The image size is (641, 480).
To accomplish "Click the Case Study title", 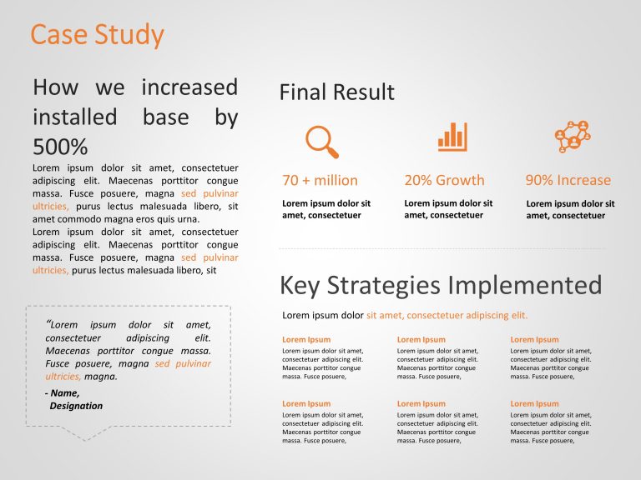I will click(97, 35).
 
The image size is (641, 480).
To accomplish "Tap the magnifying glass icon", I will click(321, 141).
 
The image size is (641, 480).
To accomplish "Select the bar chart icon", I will click(452, 137).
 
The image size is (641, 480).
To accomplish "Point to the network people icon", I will click(573, 137).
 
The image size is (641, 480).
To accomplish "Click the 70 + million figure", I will click(320, 180).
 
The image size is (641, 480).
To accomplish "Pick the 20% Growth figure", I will click(444, 180).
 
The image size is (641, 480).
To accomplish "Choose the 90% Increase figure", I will click(568, 180).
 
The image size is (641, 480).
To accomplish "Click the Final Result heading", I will click(336, 92).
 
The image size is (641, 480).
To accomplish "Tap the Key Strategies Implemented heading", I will click(440, 286).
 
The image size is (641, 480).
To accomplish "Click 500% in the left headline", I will click(60, 147).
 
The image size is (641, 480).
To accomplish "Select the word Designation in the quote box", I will click(76, 406).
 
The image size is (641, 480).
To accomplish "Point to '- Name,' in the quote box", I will click(63, 392).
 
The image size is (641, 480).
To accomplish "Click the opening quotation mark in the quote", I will click(48, 323).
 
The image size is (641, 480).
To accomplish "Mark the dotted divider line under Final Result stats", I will click(442, 248).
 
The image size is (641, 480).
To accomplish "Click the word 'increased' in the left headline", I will click(189, 87).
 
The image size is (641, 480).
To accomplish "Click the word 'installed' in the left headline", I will click(74, 117).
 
